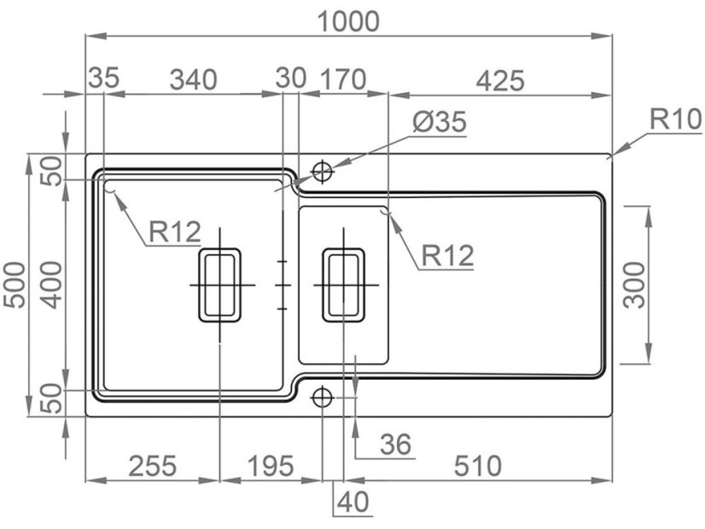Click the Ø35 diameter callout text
pyautogui.click(x=440, y=122)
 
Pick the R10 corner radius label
pyautogui.click(x=674, y=119)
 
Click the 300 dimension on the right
pyautogui.click(x=635, y=285)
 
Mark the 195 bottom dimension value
pyautogui.click(x=269, y=466)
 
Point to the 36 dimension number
pyautogui.click(x=395, y=444)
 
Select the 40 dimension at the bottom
pyautogui.click(x=353, y=501)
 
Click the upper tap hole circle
pyautogui.click(x=323, y=172)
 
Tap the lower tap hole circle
pyautogui.click(x=323, y=397)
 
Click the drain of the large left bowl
pyautogui.click(x=220, y=285)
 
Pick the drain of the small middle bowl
pyautogui.click(x=343, y=285)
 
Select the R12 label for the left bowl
pyautogui.click(x=174, y=230)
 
